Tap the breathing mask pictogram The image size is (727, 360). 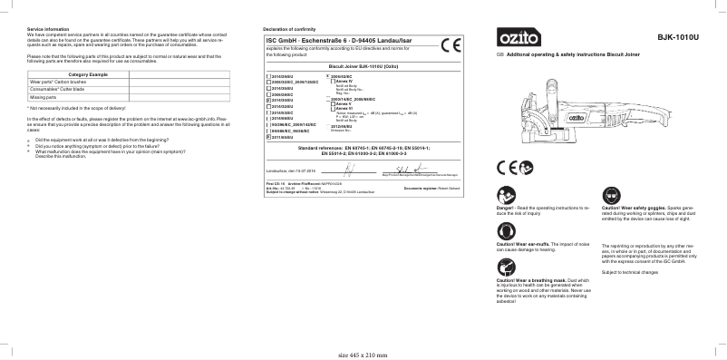click(505, 268)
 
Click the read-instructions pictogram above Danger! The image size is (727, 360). click(505, 196)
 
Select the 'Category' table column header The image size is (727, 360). click(88, 73)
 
